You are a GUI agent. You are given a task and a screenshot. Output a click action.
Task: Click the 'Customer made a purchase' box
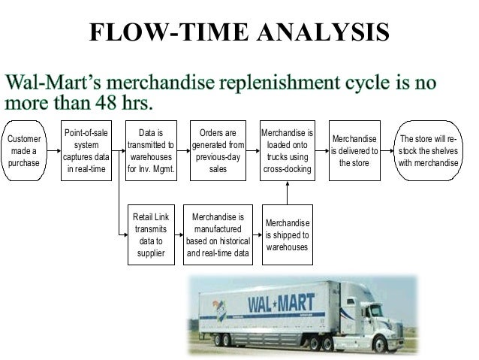click(24, 150)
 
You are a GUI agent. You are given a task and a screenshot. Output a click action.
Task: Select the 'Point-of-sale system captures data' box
click(86, 150)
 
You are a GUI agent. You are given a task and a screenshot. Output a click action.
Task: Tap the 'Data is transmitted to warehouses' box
click(152, 150)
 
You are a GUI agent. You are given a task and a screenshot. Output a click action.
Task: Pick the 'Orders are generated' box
click(218, 150)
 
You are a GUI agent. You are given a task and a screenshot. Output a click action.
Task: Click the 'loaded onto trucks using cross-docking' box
click(287, 150)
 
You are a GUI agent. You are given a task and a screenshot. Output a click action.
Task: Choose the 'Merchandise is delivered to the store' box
click(354, 150)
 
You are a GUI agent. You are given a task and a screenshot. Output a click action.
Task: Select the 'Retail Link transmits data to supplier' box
click(152, 234)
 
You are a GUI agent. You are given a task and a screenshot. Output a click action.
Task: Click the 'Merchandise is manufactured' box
click(218, 234)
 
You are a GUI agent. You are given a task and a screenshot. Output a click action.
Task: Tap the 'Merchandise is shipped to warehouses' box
click(287, 234)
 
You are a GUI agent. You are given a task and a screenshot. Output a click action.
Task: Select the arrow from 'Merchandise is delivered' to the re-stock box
click(388, 150)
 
